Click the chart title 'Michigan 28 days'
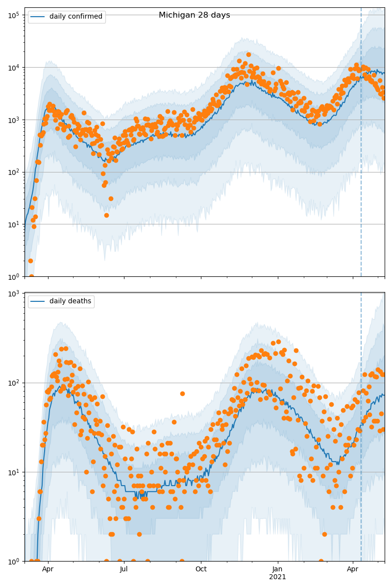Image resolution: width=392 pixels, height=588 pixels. tap(194, 15)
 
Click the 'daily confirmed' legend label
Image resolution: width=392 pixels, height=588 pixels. tap(75, 17)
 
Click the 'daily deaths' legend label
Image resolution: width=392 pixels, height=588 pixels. tap(70, 301)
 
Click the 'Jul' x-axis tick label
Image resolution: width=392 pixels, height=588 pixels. tap(124, 569)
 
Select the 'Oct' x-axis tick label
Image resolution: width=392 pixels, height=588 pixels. tap(201, 569)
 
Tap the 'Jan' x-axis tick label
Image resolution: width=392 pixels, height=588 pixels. tap(278, 569)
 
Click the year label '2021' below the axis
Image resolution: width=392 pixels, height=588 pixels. tap(278, 577)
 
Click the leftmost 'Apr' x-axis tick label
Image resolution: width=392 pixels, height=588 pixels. tap(48, 569)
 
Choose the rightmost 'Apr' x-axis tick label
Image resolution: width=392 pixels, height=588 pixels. tap(353, 569)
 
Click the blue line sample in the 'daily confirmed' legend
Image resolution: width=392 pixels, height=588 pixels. tap(38, 17)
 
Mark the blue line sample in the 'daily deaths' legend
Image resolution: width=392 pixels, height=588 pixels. tap(38, 301)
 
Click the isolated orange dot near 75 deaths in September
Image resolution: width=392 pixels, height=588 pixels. tap(182, 393)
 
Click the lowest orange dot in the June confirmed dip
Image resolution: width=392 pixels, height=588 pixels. tap(106, 215)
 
